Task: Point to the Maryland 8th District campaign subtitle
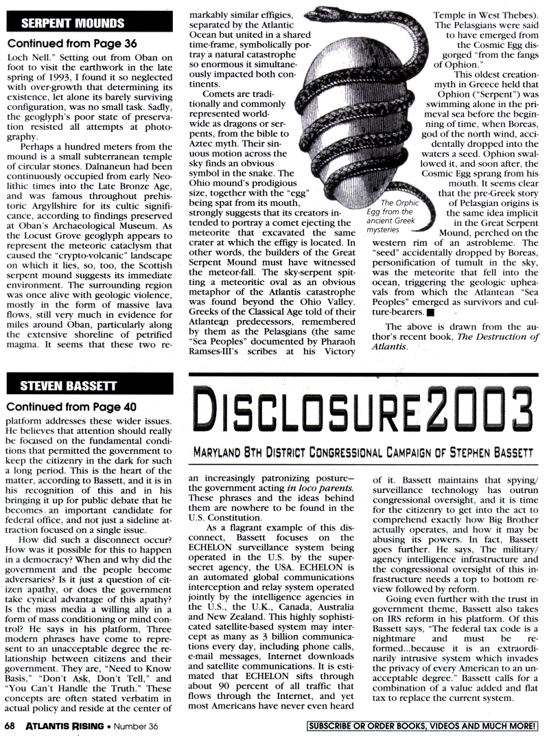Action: coord(364,453)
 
